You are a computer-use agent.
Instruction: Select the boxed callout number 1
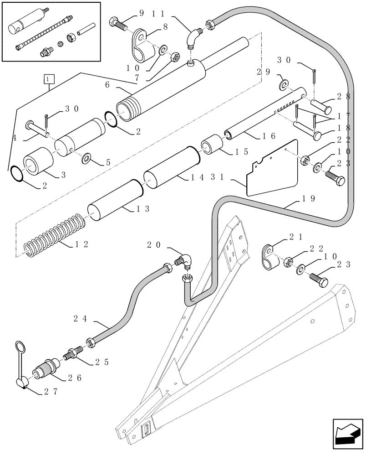click(50, 80)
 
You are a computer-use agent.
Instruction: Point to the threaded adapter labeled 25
click(73, 354)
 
